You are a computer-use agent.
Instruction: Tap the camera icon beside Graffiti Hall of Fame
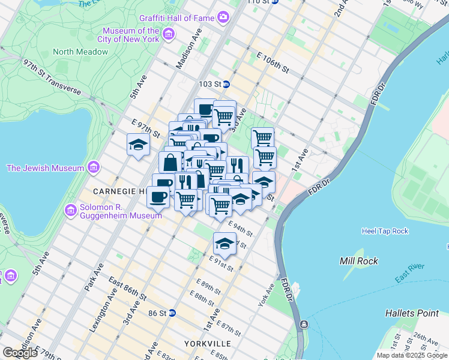223,17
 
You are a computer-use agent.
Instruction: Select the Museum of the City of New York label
131,35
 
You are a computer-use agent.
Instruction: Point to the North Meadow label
80,52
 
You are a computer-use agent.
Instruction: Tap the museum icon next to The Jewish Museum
93,167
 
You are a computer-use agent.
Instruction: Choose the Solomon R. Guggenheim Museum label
114,211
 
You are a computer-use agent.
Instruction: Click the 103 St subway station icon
226,85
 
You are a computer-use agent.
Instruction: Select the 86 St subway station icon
172,313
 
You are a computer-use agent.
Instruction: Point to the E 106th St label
272,66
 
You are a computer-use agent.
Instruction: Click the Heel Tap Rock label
385,231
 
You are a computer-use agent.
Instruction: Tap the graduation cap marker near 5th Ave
138,145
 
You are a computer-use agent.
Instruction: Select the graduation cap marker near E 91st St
224,244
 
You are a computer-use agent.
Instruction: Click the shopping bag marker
170,162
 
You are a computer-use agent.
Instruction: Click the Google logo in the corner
20,353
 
